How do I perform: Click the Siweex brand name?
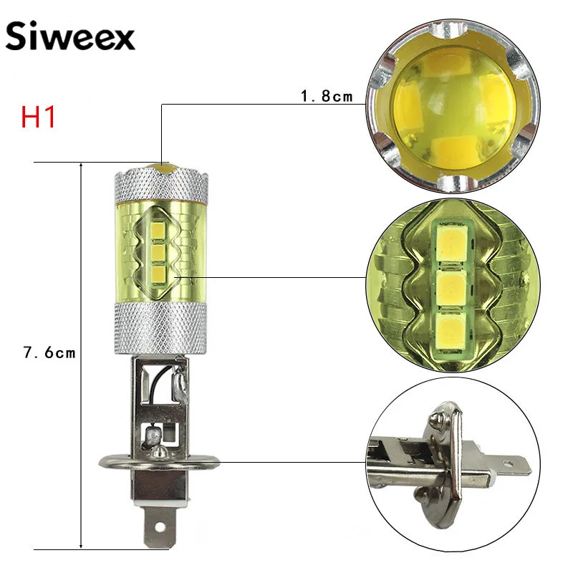click(70, 37)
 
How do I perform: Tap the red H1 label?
click(38, 117)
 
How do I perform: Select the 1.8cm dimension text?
click(327, 96)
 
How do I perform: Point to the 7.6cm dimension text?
click(49, 352)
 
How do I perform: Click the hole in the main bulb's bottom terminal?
click(160, 526)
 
